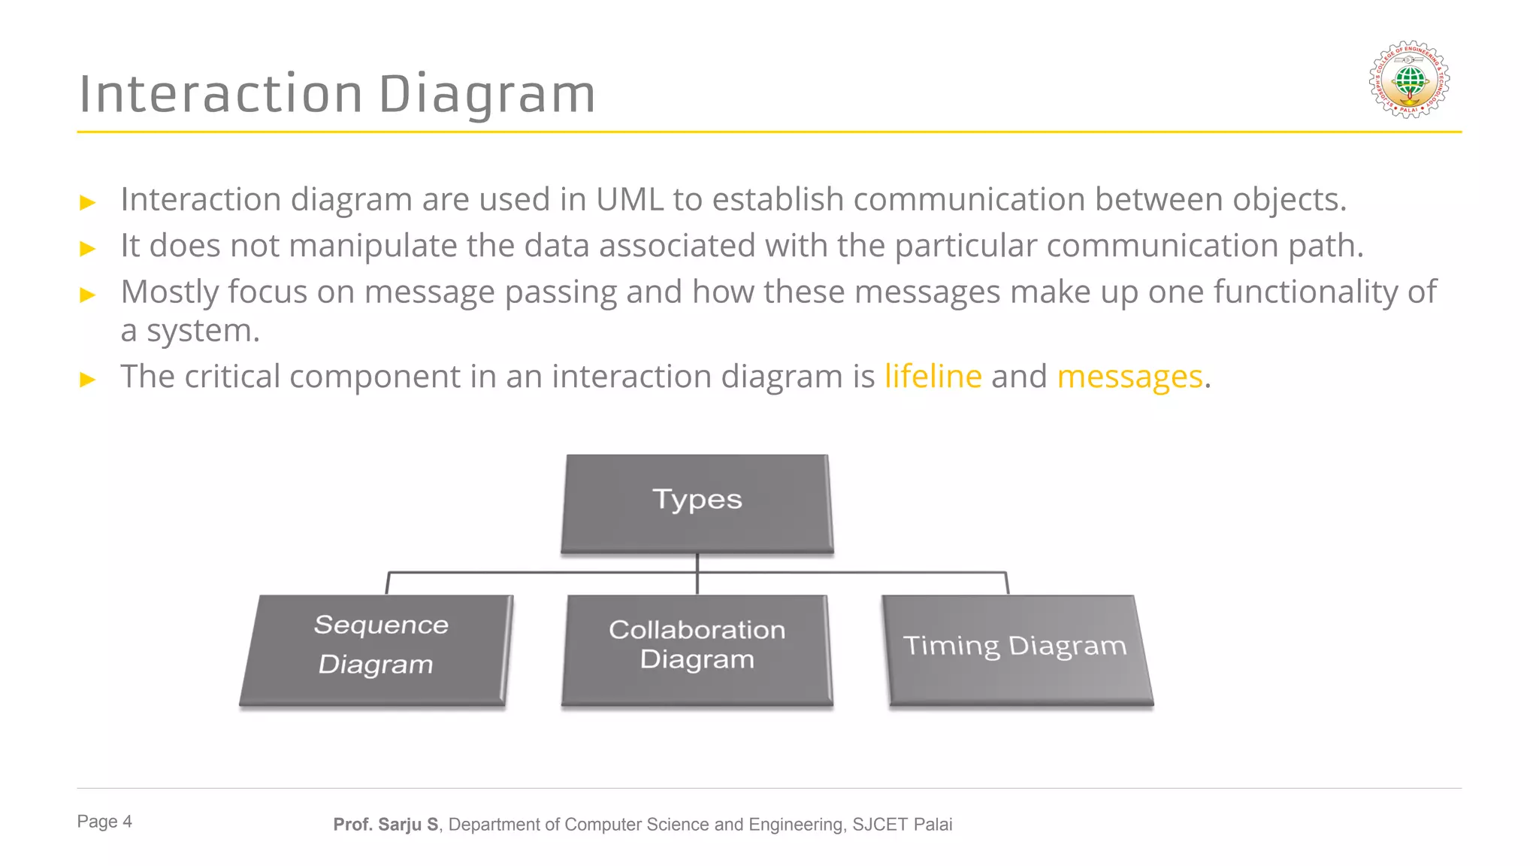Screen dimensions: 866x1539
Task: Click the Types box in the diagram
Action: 697,502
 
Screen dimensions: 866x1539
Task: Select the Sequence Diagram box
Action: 376,649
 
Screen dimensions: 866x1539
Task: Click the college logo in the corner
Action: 1409,80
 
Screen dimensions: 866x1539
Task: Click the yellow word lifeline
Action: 933,377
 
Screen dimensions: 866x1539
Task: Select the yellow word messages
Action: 1129,377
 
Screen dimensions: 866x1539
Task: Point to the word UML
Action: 630,200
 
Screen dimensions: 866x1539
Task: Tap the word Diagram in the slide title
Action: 487,95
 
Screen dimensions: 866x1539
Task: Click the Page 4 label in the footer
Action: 104,822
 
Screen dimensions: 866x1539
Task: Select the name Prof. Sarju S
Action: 386,825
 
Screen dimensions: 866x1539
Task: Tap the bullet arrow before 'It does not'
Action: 88,249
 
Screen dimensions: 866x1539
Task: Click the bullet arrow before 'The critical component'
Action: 88,379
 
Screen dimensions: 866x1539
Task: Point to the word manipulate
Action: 373,246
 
